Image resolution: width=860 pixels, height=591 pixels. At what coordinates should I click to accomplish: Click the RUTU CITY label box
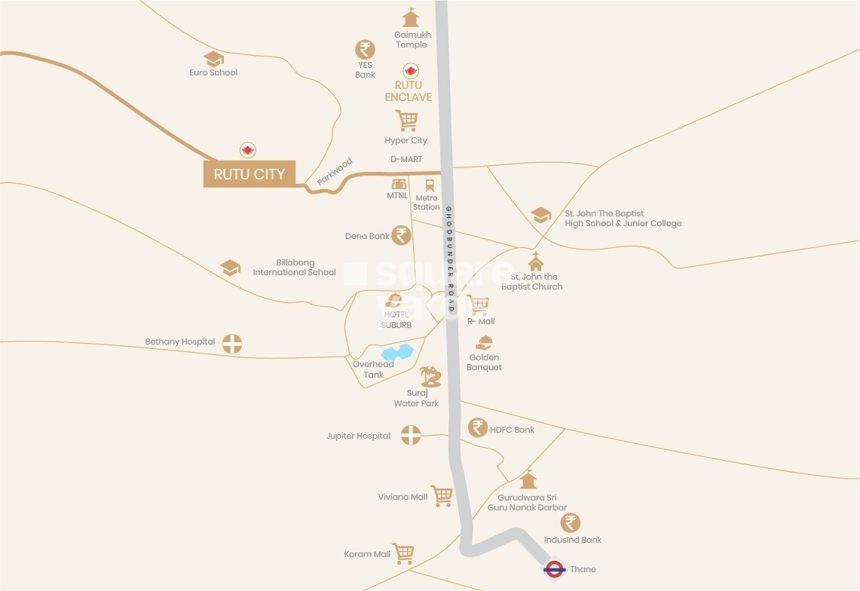coord(249,174)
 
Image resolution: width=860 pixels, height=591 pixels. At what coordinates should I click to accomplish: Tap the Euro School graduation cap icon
coord(213,58)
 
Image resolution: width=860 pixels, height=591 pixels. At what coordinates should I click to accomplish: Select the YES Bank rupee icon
coord(365,50)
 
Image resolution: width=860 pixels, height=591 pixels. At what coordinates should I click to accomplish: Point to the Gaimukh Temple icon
coord(410,18)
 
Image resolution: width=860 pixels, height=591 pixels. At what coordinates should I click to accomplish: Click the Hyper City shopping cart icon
coord(406,121)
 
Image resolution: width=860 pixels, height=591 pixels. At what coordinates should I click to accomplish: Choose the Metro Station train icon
coord(430,185)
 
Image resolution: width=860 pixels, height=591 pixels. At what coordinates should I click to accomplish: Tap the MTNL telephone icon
coord(399,184)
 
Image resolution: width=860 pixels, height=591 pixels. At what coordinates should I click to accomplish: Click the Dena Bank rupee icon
coord(402,235)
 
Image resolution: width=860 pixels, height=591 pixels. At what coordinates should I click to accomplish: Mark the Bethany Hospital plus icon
coord(233,344)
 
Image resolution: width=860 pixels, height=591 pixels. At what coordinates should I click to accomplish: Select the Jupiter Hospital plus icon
coord(410,434)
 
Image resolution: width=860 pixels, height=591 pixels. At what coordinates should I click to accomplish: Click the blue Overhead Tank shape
coord(397,352)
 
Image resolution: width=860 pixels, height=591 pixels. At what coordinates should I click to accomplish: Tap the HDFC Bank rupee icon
coord(477,427)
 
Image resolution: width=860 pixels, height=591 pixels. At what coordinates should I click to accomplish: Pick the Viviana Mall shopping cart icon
coord(442,495)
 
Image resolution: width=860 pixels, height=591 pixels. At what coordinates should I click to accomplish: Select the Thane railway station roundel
coord(554,569)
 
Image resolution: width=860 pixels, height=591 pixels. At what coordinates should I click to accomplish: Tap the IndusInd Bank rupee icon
coord(571,522)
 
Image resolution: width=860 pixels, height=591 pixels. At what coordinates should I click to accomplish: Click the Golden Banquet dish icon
coord(485,343)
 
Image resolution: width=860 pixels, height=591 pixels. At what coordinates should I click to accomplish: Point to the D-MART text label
coord(406,160)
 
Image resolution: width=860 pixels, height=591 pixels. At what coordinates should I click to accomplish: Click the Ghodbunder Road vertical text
coord(449,260)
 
